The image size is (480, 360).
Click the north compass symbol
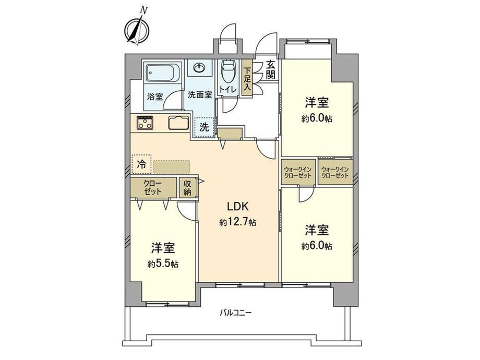pyautogui.click(x=137, y=30)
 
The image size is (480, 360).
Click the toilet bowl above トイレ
pyautogui.click(x=229, y=71)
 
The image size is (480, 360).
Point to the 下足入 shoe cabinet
pyautogui.click(x=247, y=78)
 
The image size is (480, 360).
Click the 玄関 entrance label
pyautogui.click(x=270, y=70)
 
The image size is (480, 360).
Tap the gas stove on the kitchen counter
pyautogui.click(x=145, y=122)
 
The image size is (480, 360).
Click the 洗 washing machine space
pyautogui.click(x=204, y=127)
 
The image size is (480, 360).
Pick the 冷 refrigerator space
pyautogui.click(x=141, y=164)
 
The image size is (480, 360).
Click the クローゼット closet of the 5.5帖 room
pyautogui.click(x=153, y=188)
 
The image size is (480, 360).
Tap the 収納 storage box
pyautogui.click(x=187, y=188)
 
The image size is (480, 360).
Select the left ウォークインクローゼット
pyautogui.click(x=298, y=172)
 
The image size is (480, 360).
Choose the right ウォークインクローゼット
pyautogui.click(x=335, y=172)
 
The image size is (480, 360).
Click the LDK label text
pyautogui.click(x=238, y=206)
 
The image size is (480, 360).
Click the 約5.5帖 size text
pyautogui.click(x=163, y=264)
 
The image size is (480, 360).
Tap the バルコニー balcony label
pyautogui.click(x=236, y=313)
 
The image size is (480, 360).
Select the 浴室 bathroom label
pyautogui.click(x=155, y=97)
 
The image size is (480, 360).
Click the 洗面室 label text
pyautogui.click(x=200, y=94)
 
